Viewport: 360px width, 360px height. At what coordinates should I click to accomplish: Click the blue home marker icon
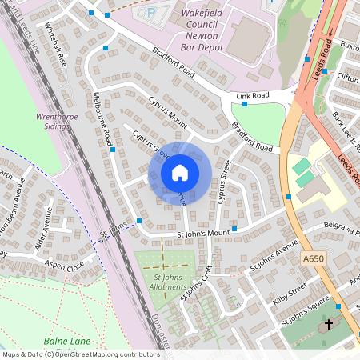pos(180,172)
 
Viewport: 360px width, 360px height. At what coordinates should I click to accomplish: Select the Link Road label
pos(252,95)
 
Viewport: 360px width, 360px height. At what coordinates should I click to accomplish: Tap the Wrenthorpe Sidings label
pos(57,120)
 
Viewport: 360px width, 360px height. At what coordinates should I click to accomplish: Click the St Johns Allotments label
pos(164,282)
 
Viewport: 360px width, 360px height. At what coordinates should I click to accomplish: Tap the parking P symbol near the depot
pos(146,12)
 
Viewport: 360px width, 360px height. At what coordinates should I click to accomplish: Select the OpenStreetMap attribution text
pos(80,354)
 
